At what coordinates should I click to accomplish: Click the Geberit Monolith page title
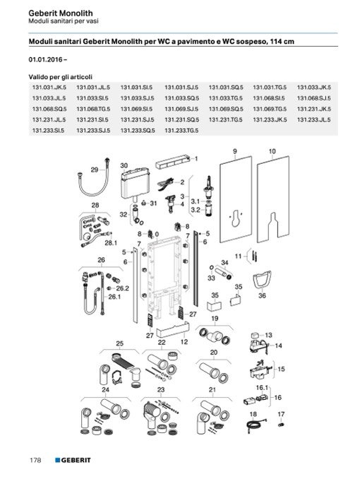click(x=61, y=13)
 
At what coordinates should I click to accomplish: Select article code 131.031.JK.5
click(x=49, y=88)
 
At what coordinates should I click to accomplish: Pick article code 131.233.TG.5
click(x=181, y=131)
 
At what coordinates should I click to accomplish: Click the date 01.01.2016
click(x=46, y=59)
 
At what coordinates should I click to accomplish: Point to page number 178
click(x=35, y=460)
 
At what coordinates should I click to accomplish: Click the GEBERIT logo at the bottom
click(x=73, y=460)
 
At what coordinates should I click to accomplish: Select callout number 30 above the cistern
click(x=124, y=165)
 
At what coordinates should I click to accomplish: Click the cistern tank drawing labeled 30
click(x=135, y=183)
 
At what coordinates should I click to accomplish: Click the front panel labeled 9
click(x=236, y=199)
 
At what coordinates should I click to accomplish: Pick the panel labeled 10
click(x=273, y=199)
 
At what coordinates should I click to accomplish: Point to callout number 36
click(x=262, y=295)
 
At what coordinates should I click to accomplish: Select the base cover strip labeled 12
click(x=172, y=330)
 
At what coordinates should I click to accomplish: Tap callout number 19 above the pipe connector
click(x=215, y=319)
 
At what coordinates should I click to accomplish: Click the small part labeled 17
click(x=281, y=425)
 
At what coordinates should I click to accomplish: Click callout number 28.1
click(x=111, y=243)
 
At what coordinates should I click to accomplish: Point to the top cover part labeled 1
click(x=172, y=162)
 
